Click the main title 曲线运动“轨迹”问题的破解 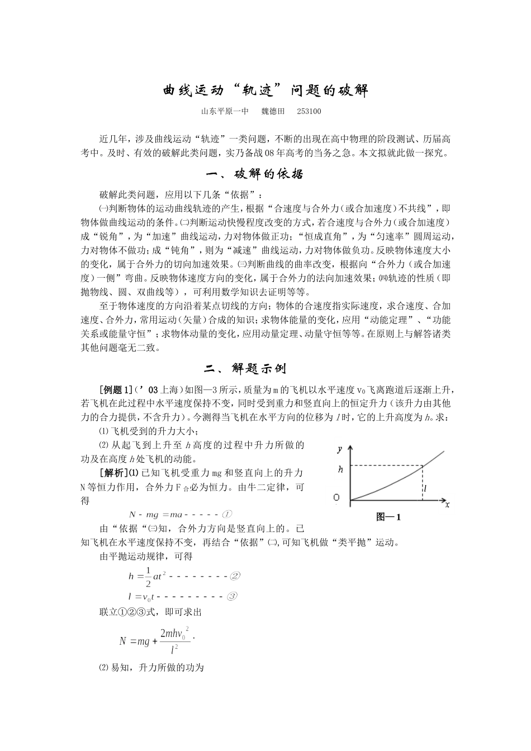click(265, 91)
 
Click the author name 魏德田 click(273, 112)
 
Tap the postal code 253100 click(309, 112)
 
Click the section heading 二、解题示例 click(246, 369)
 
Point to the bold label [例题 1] click(116, 390)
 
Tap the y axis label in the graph click(339, 448)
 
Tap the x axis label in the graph click(447, 505)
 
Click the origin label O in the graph click(336, 497)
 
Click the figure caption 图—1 click(389, 517)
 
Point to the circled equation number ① click(227, 515)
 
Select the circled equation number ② click(235, 576)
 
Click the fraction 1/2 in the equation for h click(148, 576)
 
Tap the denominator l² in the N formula click(174, 649)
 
